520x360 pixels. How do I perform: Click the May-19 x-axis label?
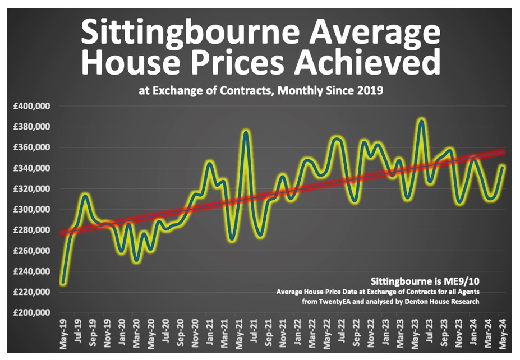pos(63,333)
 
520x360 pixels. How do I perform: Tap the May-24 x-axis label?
pos(503,333)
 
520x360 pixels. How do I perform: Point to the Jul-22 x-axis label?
pos(341,333)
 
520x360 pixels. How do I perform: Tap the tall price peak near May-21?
pos(246,132)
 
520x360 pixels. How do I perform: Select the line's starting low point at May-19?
pos(63,283)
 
